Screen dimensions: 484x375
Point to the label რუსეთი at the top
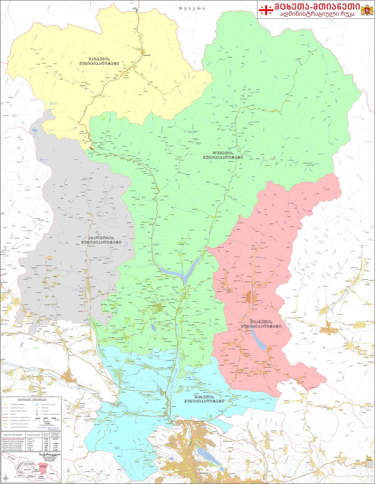point(192,8)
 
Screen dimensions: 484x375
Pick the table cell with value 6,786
point(46,439)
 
